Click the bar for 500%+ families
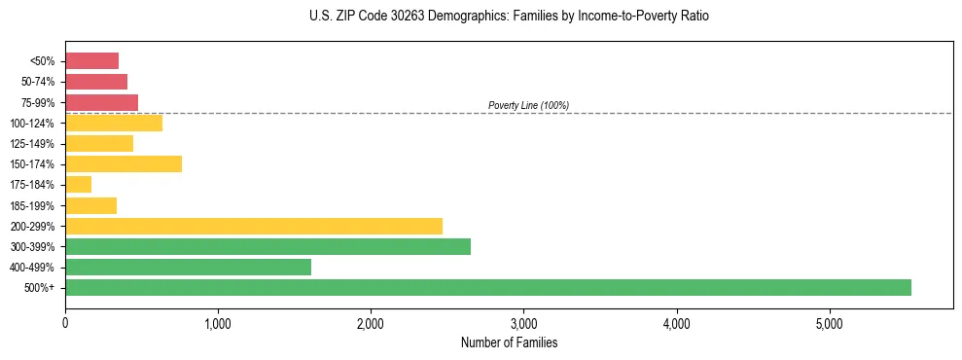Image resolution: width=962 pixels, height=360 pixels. pyautogui.click(x=487, y=287)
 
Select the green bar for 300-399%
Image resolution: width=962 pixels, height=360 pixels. pyautogui.click(x=267, y=246)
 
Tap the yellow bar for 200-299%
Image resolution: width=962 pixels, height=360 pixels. pyautogui.click(x=253, y=226)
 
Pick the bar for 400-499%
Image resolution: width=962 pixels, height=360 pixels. pyautogui.click(x=188, y=267)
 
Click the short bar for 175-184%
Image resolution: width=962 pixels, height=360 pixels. pyautogui.click(x=78, y=184)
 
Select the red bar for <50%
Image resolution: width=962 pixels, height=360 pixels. pyautogui.click(x=91, y=60)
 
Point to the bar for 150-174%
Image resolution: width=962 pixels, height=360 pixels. pyautogui.click(x=124, y=163)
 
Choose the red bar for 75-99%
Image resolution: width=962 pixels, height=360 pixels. pyautogui.click(x=101, y=102)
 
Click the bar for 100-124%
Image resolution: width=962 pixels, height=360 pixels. pyautogui.click(x=114, y=123)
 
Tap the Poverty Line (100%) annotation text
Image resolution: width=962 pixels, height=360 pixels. pyautogui.click(x=528, y=105)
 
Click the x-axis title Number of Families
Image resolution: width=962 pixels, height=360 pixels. pyautogui.click(x=509, y=342)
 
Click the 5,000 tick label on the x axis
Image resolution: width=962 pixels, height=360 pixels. pyautogui.click(x=829, y=323)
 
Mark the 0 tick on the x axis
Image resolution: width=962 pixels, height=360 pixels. pyautogui.click(x=65, y=323)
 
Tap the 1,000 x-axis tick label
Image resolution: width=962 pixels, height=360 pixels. pyautogui.click(x=218, y=323)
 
